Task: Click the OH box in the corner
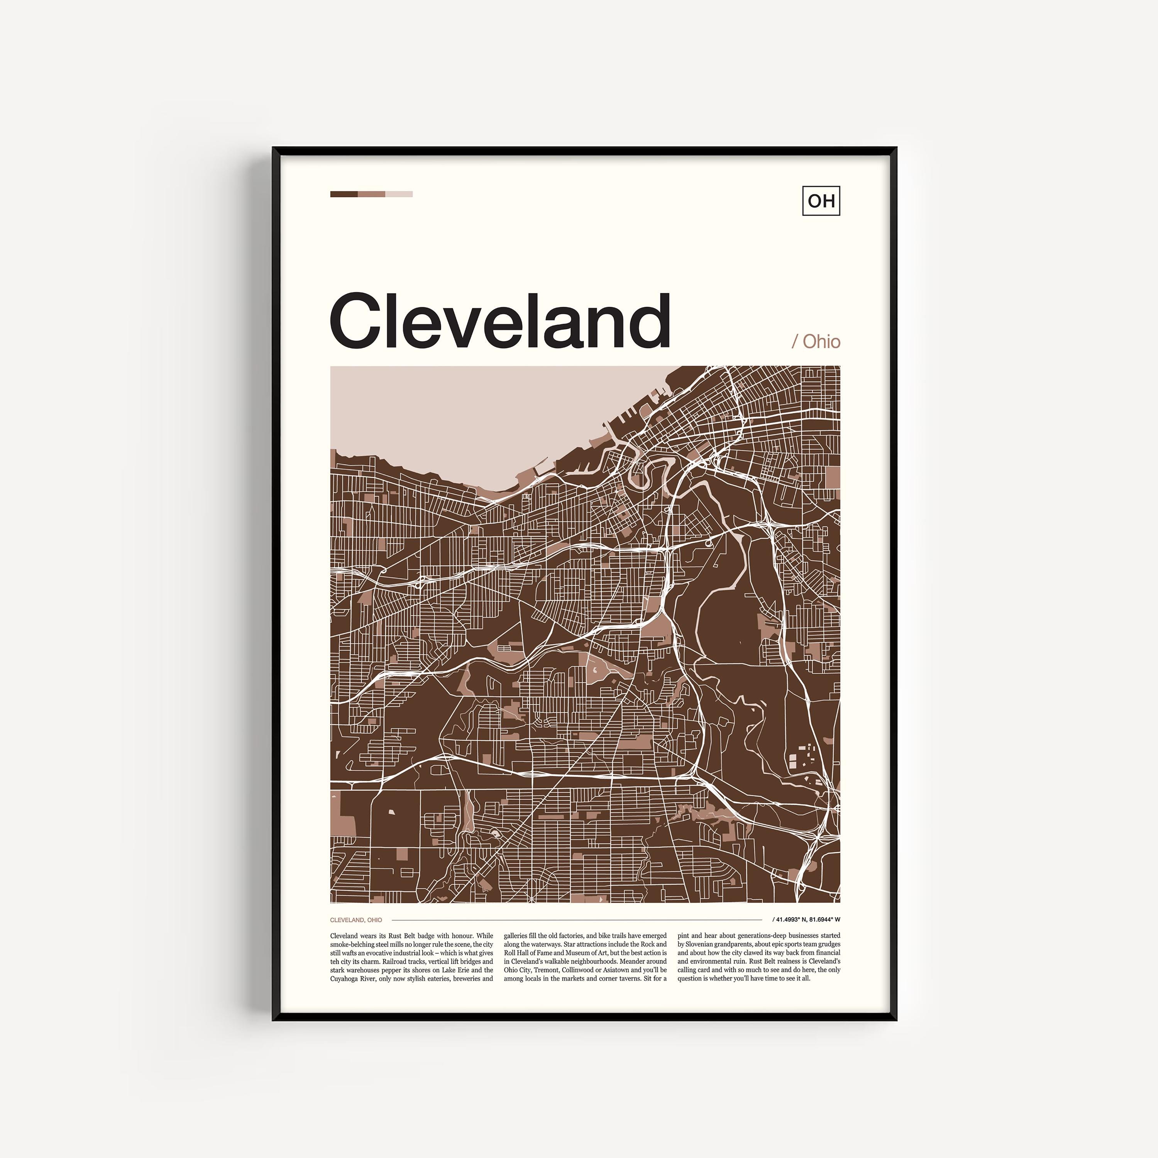pyautogui.click(x=821, y=200)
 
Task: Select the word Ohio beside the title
pyautogui.click(x=821, y=342)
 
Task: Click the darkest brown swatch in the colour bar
pyautogui.click(x=344, y=194)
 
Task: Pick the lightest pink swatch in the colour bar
pyautogui.click(x=399, y=194)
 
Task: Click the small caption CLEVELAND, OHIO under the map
pyautogui.click(x=356, y=919)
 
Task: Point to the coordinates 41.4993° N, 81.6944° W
pyautogui.click(x=807, y=919)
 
